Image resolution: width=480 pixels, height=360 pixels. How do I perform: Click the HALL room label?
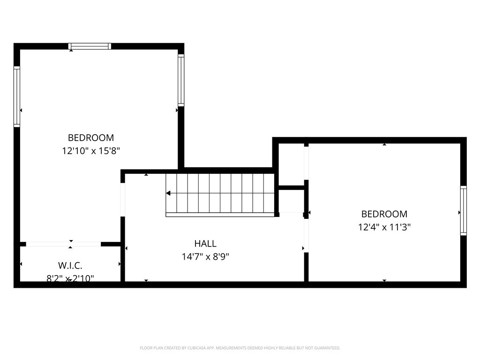coord(205,244)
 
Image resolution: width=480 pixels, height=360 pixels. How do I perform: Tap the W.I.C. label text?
coord(71,266)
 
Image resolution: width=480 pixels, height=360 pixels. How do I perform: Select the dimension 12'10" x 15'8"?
coord(91,150)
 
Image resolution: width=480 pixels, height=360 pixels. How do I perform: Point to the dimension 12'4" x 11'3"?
coord(384,227)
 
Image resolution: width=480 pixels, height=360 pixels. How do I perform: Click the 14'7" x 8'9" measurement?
coord(205,257)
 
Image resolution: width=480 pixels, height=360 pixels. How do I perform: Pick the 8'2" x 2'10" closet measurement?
coord(70,278)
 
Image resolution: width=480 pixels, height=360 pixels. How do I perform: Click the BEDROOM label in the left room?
coord(91,138)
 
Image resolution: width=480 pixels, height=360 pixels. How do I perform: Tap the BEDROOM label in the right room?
coord(384,214)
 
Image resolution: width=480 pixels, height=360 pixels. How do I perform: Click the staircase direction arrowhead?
coord(168,193)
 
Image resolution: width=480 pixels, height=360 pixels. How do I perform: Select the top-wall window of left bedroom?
coord(90,46)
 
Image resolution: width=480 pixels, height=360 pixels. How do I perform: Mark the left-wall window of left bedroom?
coord(17,97)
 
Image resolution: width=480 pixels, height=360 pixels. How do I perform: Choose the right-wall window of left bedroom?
coord(181,80)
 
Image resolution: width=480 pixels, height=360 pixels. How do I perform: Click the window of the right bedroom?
coord(464,210)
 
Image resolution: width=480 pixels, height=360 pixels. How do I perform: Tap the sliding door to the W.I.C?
coord(63,244)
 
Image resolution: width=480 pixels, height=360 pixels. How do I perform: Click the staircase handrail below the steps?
coord(220,215)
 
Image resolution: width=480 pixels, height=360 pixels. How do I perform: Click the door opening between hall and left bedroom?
coord(123,200)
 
